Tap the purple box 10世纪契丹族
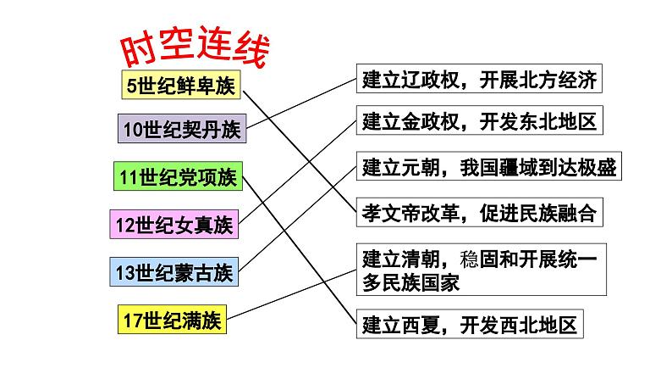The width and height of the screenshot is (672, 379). (x=181, y=130)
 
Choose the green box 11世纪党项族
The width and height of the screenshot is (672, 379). (x=179, y=177)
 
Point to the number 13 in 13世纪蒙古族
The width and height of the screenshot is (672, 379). (x=126, y=272)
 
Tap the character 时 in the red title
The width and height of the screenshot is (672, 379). (x=135, y=54)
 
